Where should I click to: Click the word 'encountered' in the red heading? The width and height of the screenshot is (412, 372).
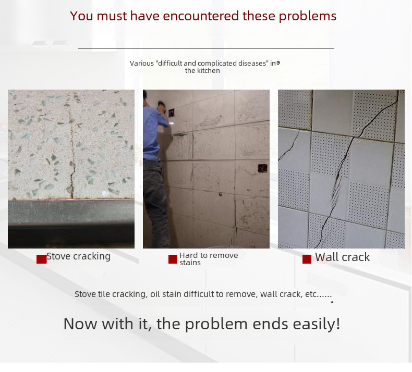coord(201,16)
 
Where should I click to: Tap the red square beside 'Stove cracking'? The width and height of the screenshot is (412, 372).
coord(42,259)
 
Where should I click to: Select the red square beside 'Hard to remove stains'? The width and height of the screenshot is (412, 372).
coord(173,259)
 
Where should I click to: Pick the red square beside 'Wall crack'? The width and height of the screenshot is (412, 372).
coord(307,259)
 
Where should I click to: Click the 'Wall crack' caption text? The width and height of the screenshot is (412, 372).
coord(342,257)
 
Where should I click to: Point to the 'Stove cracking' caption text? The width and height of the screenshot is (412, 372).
coord(79,256)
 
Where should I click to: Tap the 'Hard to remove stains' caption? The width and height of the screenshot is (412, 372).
coord(209,259)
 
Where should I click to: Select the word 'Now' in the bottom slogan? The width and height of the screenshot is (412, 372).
coord(80,324)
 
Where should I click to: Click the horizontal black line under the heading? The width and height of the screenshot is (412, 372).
coord(207,48)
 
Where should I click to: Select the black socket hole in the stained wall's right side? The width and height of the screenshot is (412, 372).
coord(262,168)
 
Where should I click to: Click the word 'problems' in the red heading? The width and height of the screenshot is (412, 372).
coord(307,16)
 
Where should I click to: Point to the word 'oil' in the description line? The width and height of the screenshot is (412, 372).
coord(154,294)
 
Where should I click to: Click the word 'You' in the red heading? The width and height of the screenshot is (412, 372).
coord(82,16)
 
